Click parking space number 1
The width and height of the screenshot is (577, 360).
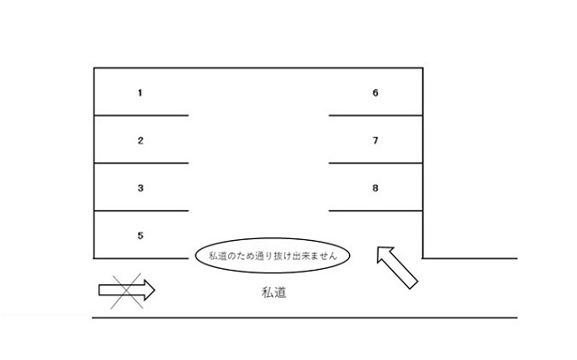140,92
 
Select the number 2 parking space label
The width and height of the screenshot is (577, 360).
140,140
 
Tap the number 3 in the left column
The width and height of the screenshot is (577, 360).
140,188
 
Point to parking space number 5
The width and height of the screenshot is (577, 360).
140,235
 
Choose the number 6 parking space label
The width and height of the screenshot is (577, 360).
375,92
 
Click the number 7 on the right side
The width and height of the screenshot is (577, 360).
375,140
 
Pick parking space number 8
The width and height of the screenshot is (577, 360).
375,188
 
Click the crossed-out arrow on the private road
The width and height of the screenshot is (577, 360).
126,290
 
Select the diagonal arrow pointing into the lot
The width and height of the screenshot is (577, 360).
396,267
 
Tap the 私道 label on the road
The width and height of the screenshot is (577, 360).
274,292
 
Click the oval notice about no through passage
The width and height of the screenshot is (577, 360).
272,256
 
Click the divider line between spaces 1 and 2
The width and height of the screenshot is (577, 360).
141,115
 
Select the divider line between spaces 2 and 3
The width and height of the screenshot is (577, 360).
141,163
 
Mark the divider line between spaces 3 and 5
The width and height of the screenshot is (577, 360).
141,211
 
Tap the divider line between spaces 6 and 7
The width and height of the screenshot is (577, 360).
375,115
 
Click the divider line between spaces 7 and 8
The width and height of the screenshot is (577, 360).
375,163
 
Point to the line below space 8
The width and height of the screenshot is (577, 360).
375,211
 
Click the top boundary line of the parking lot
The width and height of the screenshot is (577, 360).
258,68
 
